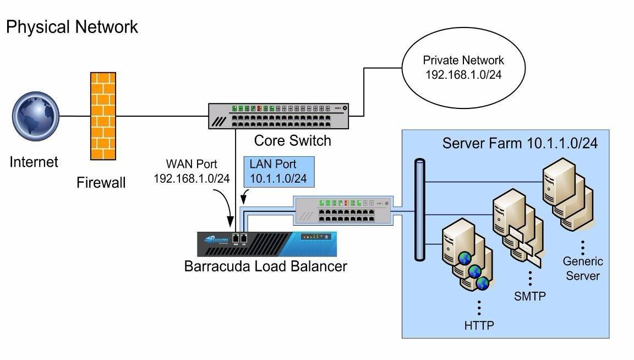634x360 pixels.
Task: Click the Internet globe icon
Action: [x=36, y=116]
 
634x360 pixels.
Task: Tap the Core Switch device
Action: [x=278, y=116]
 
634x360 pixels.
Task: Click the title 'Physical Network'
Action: [x=72, y=26]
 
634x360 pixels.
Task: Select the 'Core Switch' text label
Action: [x=292, y=141]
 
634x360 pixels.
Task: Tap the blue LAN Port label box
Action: [x=278, y=171]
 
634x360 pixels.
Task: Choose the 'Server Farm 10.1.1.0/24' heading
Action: [x=520, y=144]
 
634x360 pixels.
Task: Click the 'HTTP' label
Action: [x=479, y=325]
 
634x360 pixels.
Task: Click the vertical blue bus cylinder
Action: [x=420, y=209]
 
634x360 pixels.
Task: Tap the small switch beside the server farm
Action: [x=343, y=210]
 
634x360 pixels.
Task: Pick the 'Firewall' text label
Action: [x=101, y=183]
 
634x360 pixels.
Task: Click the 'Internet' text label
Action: [x=34, y=162]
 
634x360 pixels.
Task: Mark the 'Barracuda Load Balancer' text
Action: [x=266, y=267]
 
